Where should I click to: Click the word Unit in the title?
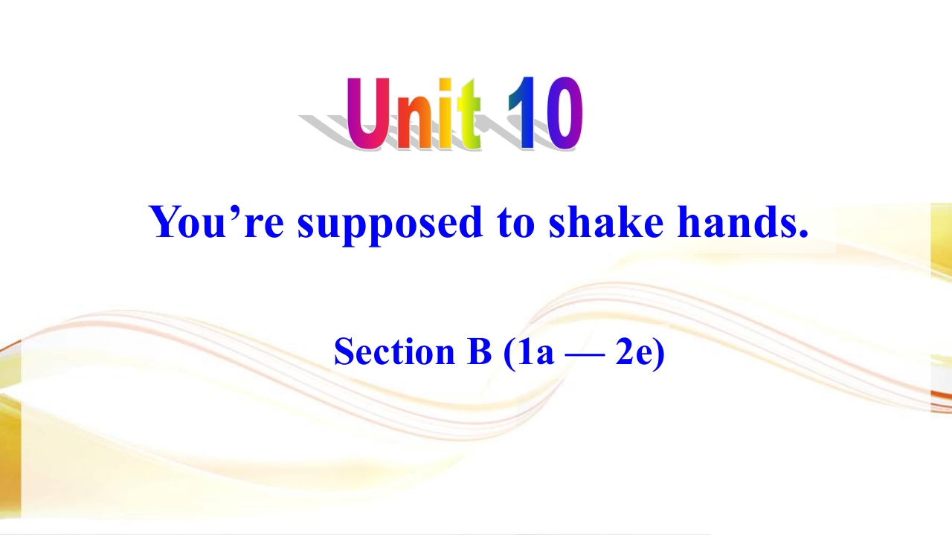414,114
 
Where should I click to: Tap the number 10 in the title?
545,114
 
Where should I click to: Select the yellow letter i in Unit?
445,114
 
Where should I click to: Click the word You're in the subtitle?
216,221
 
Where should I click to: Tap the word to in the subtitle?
515,224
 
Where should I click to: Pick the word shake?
606,221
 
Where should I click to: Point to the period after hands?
803,233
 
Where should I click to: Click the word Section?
394,351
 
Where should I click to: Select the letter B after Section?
479,351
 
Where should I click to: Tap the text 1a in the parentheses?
535,352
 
